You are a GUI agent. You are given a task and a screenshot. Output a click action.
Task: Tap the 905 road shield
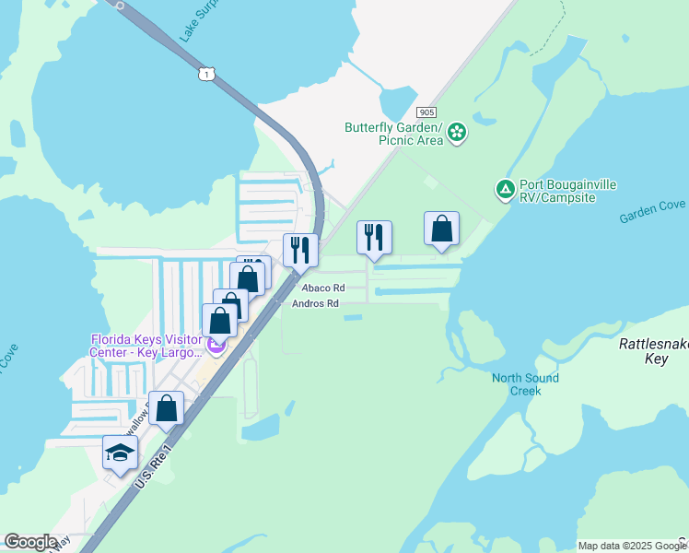[x=426, y=110]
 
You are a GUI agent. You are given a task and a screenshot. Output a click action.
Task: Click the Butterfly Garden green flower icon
[x=457, y=135]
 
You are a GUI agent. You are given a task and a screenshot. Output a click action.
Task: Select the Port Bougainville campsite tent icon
[x=505, y=190]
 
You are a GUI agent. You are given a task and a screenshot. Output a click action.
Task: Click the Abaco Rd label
[x=323, y=288]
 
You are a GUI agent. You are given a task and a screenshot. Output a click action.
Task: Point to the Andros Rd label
[x=315, y=303]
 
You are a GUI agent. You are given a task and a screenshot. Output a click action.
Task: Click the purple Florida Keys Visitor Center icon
[x=217, y=347]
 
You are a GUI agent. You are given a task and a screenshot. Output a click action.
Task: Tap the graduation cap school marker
[x=120, y=453]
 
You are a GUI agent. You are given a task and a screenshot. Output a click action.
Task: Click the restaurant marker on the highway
[x=300, y=249]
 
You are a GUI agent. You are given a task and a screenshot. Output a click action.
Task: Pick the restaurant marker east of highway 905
[x=374, y=237]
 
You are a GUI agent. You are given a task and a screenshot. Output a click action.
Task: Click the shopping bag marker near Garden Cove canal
[x=441, y=229]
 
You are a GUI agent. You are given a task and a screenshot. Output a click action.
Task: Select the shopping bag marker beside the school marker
[x=166, y=407]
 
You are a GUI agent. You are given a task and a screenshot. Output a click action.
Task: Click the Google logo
[x=30, y=542]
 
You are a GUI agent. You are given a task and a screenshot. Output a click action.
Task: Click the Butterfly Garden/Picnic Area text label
[x=394, y=134]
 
